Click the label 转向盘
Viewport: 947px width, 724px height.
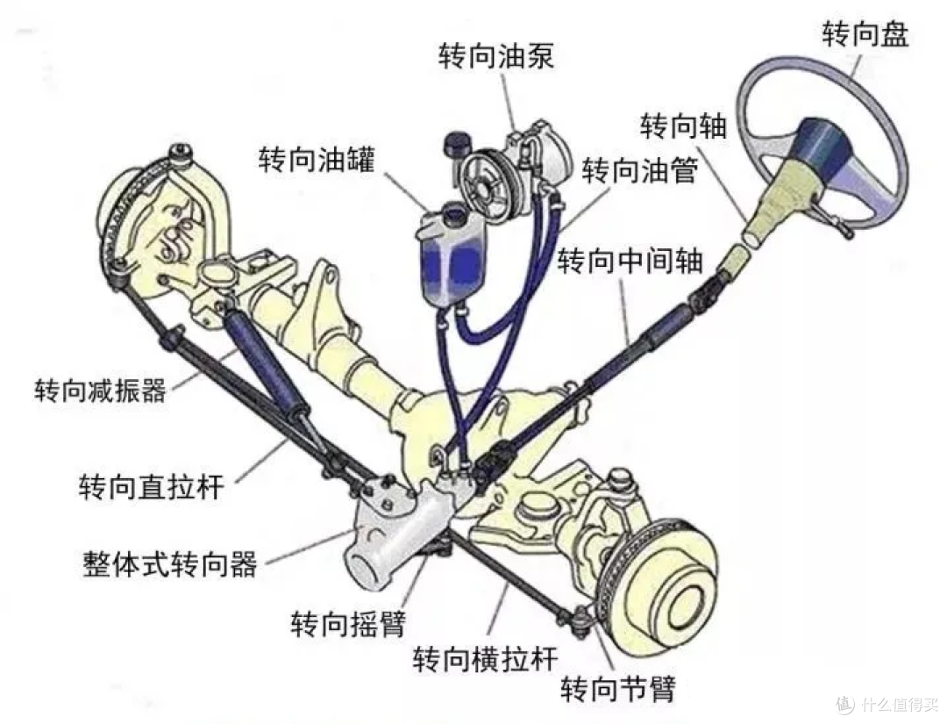tap(865, 33)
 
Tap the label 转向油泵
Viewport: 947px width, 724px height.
tap(495, 56)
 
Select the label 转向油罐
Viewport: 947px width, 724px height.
tap(317, 159)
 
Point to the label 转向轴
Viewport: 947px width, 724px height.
tap(683, 125)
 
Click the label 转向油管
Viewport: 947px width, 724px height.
tap(640, 170)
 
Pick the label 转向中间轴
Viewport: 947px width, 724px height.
tap(630, 261)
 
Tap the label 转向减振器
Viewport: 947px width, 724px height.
tap(100, 391)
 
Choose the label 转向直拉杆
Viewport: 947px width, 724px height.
tap(152, 486)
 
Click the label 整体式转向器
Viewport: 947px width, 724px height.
tap(170, 564)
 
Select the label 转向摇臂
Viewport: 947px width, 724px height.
tap(348, 623)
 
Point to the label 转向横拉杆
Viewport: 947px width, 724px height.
tap(485, 658)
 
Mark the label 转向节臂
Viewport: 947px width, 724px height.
tap(618, 688)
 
